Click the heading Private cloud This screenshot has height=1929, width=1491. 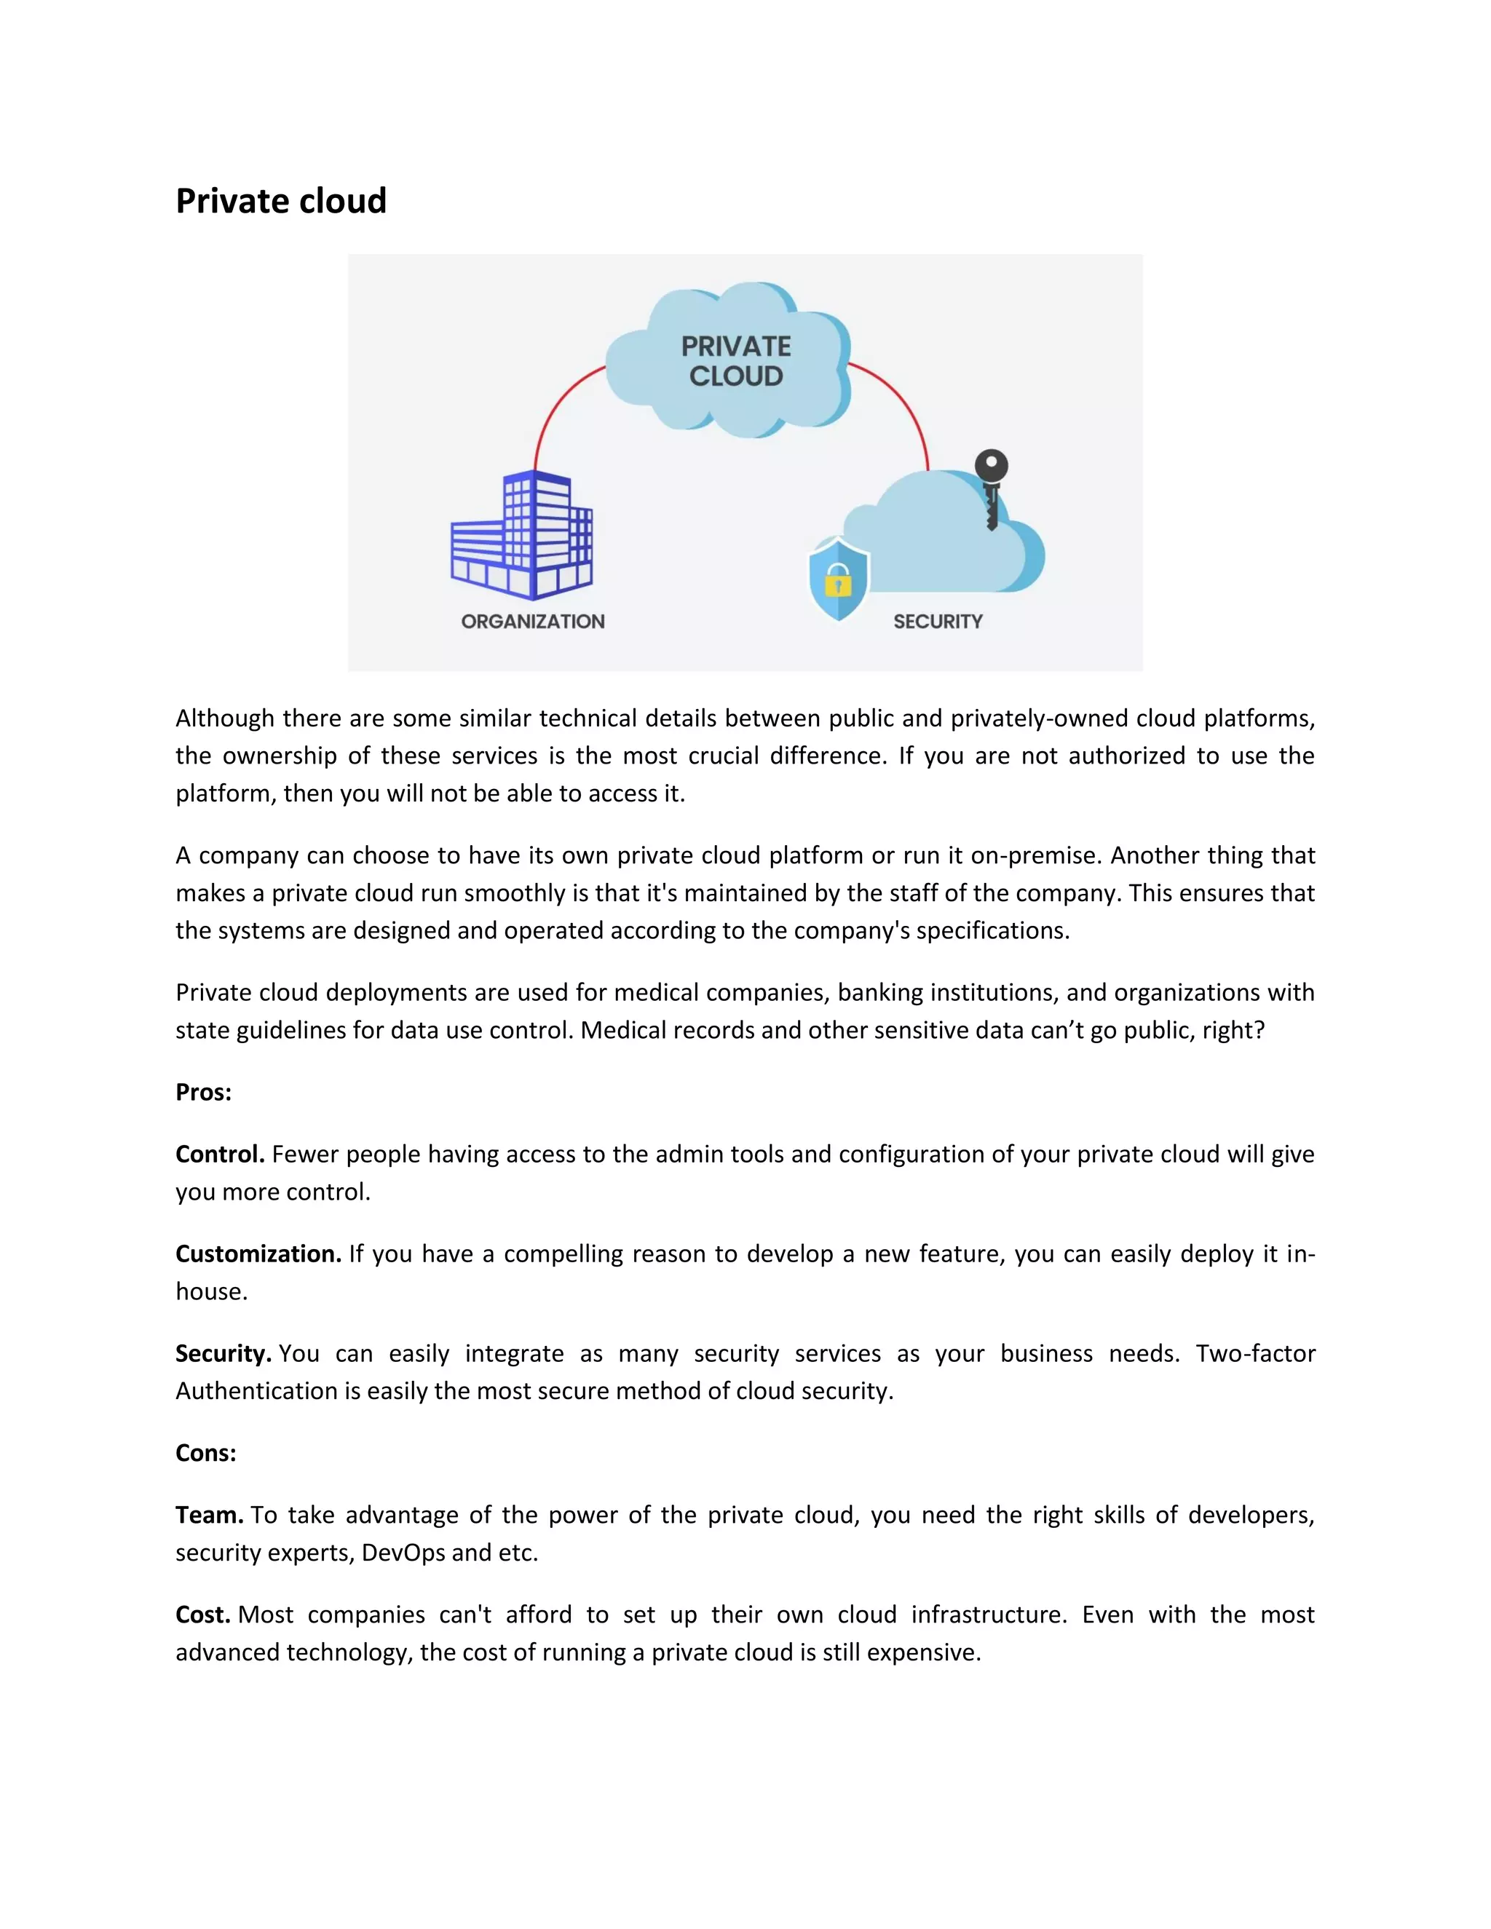point(281,202)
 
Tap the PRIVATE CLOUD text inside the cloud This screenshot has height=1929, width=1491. point(736,361)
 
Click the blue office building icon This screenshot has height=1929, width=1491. point(522,535)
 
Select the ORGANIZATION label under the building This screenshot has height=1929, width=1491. point(533,622)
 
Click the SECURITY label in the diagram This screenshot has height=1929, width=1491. point(937,622)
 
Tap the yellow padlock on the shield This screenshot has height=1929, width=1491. point(837,584)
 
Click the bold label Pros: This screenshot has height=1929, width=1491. point(203,1093)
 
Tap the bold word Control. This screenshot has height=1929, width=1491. point(220,1154)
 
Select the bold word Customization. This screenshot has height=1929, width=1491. point(258,1254)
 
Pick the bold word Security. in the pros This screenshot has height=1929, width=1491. point(223,1353)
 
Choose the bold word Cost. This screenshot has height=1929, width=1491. point(203,1615)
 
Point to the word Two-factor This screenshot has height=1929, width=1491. point(1255,1353)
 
